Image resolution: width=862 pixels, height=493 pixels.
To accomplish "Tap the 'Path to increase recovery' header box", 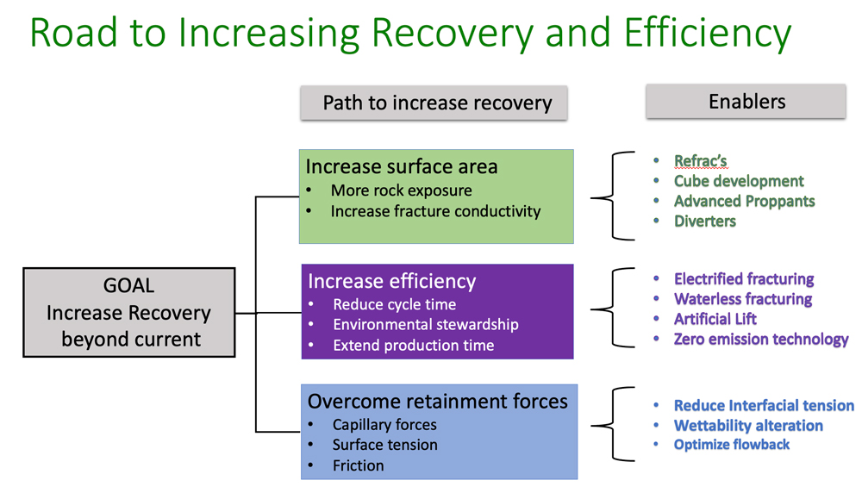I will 436,103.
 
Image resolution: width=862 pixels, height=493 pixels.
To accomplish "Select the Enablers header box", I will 746,102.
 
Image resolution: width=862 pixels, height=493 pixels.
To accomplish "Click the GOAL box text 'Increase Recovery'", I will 128,313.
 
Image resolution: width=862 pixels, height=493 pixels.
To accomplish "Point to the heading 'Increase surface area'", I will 402,166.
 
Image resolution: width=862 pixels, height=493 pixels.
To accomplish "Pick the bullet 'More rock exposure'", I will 401,190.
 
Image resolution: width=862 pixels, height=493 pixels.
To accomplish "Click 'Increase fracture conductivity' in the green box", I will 435,211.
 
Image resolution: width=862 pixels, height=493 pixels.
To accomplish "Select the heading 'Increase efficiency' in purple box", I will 391,281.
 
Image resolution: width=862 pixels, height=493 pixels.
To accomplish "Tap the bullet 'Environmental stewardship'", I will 426,325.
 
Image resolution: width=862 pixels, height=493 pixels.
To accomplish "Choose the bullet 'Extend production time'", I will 413,346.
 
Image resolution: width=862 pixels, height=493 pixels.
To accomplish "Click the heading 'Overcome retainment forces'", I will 437,401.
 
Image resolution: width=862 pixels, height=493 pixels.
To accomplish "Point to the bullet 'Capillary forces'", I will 384,425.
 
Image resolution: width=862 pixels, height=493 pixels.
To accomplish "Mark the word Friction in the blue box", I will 358,465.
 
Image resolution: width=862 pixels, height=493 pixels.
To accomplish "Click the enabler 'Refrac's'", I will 701,161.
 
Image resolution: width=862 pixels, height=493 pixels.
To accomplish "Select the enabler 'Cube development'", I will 739,181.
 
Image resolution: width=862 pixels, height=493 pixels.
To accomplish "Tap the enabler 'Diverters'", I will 705,222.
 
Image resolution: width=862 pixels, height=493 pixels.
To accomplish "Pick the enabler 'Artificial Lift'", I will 715,319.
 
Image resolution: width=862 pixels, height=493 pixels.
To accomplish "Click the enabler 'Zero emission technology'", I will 761,340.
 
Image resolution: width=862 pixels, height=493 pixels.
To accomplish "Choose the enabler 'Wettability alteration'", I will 748,425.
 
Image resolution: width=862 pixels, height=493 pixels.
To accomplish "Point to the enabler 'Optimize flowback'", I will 732,445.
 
